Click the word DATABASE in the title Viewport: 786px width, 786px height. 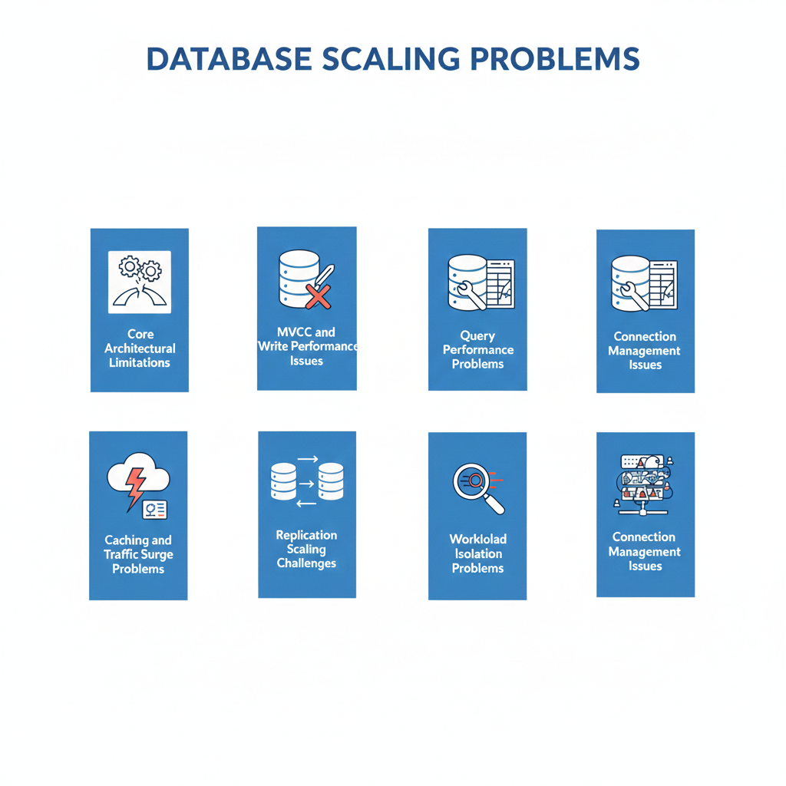tap(229, 59)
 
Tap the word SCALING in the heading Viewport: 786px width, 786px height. tap(391, 59)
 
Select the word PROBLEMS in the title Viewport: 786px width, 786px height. tap(555, 59)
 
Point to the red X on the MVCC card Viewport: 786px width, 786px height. tap(319, 296)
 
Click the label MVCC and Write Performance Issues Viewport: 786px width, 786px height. tap(307, 346)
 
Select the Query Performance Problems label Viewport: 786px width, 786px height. tap(477, 350)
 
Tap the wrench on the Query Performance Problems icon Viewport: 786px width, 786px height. tap(471, 295)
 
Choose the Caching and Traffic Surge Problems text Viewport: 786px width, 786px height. tap(138, 554)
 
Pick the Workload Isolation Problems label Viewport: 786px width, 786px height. tap(477, 553)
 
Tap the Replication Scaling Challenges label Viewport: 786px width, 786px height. tap(307, 550)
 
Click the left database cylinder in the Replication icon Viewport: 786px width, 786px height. tap(284, 481)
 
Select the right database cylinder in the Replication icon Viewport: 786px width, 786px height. tap(331, 481)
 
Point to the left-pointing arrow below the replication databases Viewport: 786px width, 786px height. tap(306, 504)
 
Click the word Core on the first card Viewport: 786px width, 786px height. tap(140, 335)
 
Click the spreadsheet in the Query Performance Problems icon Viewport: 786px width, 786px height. tap(500, 284)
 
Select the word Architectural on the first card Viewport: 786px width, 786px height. tap(140, 348)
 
